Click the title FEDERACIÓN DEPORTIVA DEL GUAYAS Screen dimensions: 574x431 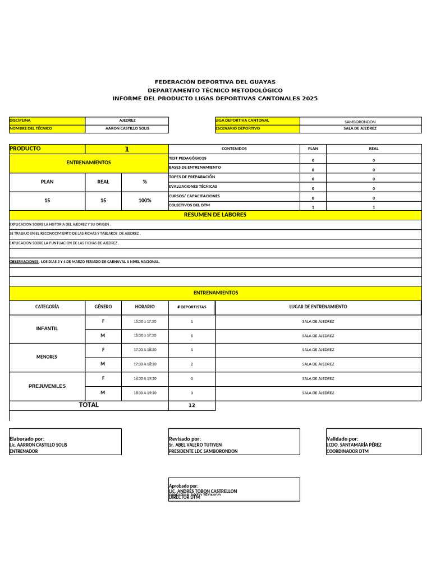tap(215, 82)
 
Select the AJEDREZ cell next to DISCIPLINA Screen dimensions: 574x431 tap(127, 121)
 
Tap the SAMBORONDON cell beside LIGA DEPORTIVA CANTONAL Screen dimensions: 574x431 tap(360, 122)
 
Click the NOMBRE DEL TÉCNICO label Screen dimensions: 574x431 tap(31, 128)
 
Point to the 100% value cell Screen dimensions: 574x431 tap(144, 200)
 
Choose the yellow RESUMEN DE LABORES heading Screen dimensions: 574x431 tap(215, 215)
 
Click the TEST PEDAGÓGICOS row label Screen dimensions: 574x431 tap(188, 159)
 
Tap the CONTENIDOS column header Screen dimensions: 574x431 tap(234, 149)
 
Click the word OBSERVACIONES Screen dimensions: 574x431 tap(24, 262)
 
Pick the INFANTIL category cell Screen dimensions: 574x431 tap(47, 328)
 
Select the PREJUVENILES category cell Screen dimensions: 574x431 tap(47, 386)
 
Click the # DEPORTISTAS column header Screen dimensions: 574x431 tap(191, 307)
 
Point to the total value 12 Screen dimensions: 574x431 tap(191, 405)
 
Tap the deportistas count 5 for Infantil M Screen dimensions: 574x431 tap(191, 336)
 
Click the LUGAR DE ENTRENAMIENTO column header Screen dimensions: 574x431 tap(318, 307)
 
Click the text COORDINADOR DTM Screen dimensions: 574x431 tap(347, 451)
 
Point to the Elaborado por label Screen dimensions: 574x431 tap(27, 439)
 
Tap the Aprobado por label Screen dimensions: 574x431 tap(184, 486)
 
